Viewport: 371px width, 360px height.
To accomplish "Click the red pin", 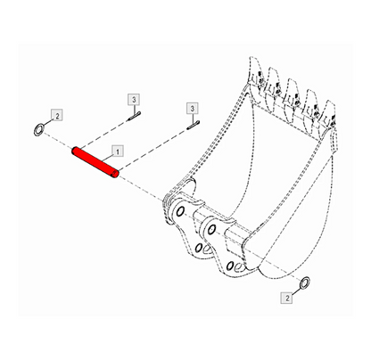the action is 95,163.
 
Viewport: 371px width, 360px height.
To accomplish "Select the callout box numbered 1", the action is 118,151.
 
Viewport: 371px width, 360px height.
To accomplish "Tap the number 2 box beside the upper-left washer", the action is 57,115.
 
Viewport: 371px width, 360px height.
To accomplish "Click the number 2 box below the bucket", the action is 287,298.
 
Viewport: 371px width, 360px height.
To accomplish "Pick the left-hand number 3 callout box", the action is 134,100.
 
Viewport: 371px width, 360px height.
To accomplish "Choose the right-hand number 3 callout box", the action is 193,109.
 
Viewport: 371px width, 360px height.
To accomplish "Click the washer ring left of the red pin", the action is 38,130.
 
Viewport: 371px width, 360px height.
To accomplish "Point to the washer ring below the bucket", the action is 305,282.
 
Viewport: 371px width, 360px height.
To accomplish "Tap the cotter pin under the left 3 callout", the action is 134,116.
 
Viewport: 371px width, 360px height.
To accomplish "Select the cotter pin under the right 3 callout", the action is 194,125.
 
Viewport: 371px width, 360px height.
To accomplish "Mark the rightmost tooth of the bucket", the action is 329,115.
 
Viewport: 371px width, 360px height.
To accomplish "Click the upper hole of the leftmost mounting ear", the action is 180,211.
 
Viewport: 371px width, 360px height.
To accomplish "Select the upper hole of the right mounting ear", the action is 211,229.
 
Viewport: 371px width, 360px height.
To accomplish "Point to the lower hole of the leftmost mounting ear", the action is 199,247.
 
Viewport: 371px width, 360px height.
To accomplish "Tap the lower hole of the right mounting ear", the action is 230,266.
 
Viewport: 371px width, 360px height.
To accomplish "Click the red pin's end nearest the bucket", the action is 116,175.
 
